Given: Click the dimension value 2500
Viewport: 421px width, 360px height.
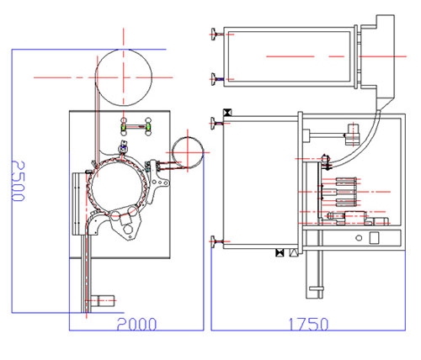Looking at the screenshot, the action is (x=19, y=181).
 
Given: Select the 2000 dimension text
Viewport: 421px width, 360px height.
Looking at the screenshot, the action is (x=136, y=325).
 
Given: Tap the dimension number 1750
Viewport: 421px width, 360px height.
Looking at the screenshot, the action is (x=308, y=325).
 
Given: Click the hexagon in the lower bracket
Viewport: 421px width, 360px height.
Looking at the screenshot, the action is (x=128, y=229).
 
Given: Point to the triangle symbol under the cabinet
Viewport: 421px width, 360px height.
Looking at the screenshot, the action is (x=293, y=252).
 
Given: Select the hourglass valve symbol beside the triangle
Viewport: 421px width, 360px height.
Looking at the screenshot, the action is (x=280, y=252).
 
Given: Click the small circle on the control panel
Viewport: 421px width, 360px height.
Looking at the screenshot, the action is (x=359, y=238).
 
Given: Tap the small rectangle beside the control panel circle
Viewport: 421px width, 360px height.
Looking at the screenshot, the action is (x=374, y=238).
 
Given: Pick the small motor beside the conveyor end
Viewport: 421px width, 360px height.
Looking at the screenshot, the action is (x=106, y=301).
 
